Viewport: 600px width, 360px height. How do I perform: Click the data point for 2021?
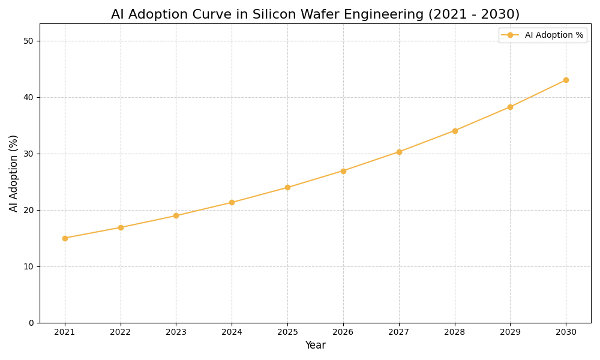(65, 238)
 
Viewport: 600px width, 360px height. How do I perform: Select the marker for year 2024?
(232, 202)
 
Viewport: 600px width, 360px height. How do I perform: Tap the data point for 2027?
(399, 152)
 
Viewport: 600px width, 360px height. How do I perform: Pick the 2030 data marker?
(566, 80)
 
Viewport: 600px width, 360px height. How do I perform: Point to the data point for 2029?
(510, 107)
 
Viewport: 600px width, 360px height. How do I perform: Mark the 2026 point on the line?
(343, 171)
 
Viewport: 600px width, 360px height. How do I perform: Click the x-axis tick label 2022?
(121, 332)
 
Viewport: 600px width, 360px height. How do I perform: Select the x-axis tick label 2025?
(287, 332)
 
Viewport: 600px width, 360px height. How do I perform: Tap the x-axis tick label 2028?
(455, 332)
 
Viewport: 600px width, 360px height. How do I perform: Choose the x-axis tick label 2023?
(176, 332)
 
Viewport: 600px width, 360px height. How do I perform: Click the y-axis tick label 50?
(28, 41)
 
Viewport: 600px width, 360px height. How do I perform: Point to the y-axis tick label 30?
(28, 154)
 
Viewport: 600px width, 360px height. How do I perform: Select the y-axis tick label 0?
(31, 323)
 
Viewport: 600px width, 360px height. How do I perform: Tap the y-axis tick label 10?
(28, 266)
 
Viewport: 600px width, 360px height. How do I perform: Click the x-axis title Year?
(315, 346)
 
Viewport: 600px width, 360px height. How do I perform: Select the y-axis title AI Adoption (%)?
(14, 173)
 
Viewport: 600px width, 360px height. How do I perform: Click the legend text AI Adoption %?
(554, 35)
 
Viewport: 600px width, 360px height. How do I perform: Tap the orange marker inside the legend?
(510, 35)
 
